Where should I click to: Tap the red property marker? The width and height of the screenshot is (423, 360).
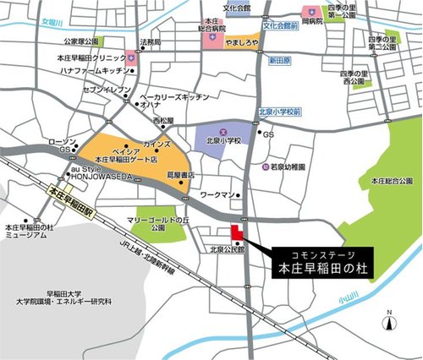coord(236,234)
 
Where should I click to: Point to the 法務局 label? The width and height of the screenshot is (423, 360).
coord(151,41)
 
